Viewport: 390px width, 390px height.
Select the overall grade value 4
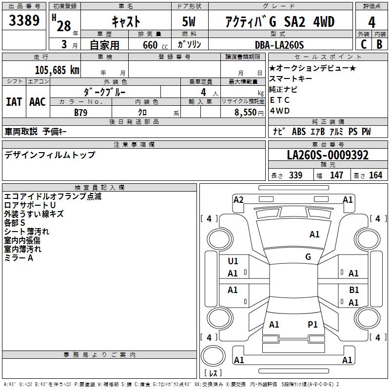pos(372,22)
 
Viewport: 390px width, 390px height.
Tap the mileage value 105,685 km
pos(57,70)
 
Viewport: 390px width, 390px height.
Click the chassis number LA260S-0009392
pos(328,155)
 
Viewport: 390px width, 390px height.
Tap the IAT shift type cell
pos(14,102)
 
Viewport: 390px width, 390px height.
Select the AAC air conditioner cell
pos(38,102)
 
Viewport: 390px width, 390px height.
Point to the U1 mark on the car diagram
pos(233,261)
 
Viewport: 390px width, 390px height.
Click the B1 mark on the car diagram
pos(354,290)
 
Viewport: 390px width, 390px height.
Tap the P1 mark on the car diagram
pos(312,324)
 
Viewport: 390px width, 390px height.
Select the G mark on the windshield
pos(308,256)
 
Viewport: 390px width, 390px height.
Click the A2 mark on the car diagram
pos(238,199)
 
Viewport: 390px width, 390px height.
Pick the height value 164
pos(375,175)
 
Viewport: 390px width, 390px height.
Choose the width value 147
pos(336,175)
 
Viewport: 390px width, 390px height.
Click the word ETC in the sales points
pos(280,100)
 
